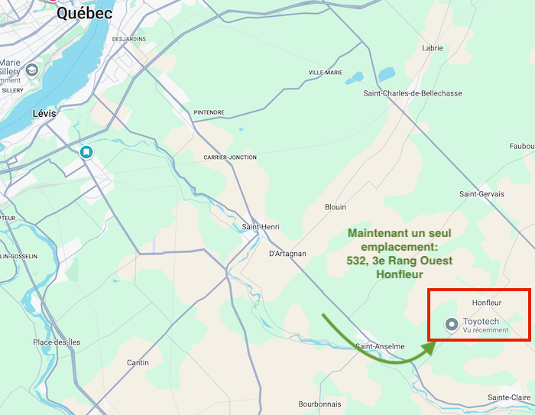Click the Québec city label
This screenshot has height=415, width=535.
pyautogui.click(x=84, y=13)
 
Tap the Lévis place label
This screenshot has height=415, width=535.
pyautogui.click(x=45, y=113)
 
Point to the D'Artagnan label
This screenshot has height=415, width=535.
pyautogui.click(x=287, y=254)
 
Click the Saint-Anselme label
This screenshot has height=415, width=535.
pyautogui.click(x=380, y=346)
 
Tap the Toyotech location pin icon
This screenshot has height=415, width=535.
pyautogui.click(x=452, y=325)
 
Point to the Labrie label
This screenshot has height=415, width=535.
pyautogui.click(x=433, y=48)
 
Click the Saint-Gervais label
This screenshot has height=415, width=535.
pyautogui.click(x=481, y=194)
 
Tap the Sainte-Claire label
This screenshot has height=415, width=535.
pyautogui.click(x=509, y=397)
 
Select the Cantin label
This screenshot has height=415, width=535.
pyautogui.click(x=138, y=362)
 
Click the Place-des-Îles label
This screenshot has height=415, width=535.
pyautogui.click(x=57, y=342)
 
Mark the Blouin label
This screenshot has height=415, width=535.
pyautogui.click(x=336, y=207)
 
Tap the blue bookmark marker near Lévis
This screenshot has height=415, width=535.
pyautogui.click(x=87, y=152)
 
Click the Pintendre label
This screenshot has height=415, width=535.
pyautogui.click(x=209, y=112)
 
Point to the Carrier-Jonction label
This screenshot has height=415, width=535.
pyautogui.click(x=230, y=157)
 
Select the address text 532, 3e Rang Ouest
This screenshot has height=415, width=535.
pyautogui.click(x=400, y=261)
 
